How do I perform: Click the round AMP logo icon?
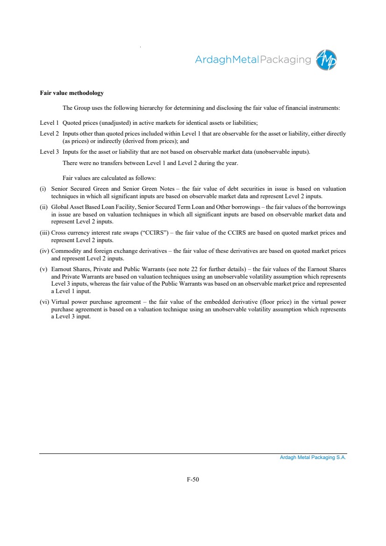pos(326,60)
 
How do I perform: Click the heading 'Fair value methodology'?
pos(71,93)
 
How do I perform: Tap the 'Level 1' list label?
pos(49,123)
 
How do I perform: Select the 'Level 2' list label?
pos(49,134)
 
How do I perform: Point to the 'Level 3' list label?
pos(49,152)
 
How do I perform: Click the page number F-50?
pos(193,479)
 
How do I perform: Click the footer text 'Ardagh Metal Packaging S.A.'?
pos(313,458)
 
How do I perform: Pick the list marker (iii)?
pos(45,232)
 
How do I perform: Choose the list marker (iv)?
pos(45,251)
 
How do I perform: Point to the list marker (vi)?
pos(45,302)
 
